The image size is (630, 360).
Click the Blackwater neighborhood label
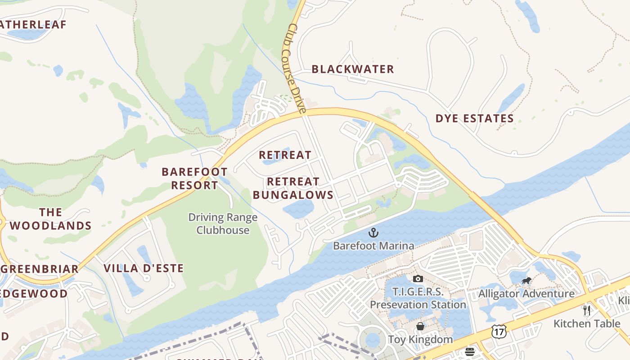(353, 69)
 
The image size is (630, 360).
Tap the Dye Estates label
(474, 119)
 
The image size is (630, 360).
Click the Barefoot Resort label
(194, 178)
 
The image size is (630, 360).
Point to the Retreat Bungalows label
(293, 188)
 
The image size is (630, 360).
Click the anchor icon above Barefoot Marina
(373, 233)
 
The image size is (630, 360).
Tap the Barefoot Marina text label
(373, 246)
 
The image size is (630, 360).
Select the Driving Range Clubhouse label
(223, 224)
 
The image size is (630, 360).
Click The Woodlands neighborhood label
(50, 219)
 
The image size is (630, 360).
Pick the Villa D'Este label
(144, 269)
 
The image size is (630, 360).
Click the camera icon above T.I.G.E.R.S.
(418, 279)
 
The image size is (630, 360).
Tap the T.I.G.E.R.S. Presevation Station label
(418, 298)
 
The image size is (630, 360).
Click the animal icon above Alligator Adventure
(526, 281)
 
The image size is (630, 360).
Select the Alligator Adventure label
(526, 294)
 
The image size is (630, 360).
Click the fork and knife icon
(586, 310)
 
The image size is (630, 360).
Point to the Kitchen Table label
(586, 323)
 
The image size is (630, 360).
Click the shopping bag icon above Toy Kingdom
(420, 326)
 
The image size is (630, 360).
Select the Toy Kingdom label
(420, 339)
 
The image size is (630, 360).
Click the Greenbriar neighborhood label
(40, 269)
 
